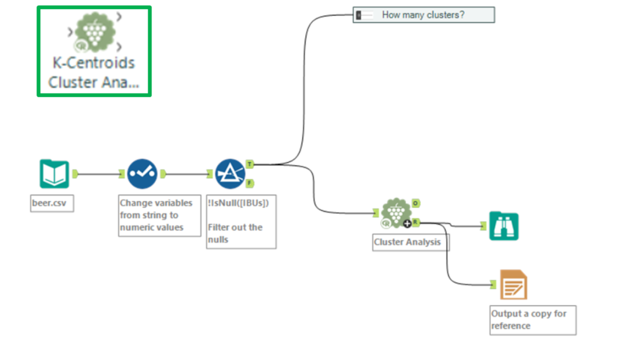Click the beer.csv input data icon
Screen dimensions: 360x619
tap(54, 174)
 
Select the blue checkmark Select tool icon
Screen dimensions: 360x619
tap(142, 174)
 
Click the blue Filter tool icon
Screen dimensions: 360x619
tap(230, 174)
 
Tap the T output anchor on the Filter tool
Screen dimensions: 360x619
tap(250, 165)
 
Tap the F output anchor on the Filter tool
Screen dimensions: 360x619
tap(250, 183)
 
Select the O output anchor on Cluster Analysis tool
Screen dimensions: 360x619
tap(416, 203)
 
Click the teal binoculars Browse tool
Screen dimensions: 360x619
tap(503, 226)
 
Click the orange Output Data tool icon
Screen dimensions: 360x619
tap(513, 285)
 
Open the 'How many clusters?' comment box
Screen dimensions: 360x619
tap(423, 15)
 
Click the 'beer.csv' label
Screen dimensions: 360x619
tap(52, 204)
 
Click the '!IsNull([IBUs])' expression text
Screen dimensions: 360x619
tap(238, 202)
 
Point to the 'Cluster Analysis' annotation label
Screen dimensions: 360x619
tap(408, 242)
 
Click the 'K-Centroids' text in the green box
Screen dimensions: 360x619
tap(93, 63)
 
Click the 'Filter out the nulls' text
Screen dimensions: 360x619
tap(236, 233)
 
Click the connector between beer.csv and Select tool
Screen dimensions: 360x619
tap(99, 174)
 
